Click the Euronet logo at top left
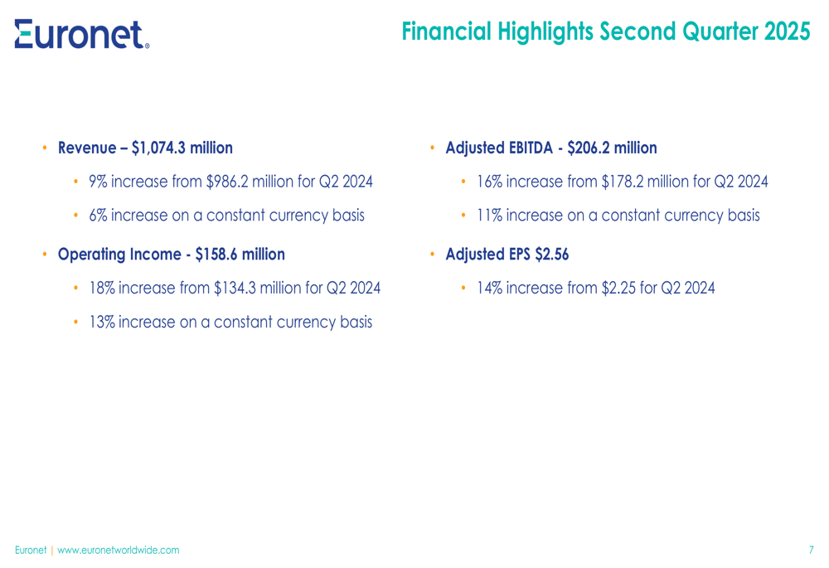click(82, 34)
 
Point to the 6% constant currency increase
click(98, 216)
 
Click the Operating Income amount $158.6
click(216, 255)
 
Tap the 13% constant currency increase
click(102, 322)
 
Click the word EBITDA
click(531, 148)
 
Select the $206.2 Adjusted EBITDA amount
click(589, 148)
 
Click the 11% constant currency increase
click(490, 216)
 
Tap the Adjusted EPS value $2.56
click(552, 255)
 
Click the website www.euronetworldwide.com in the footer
click(119, 550)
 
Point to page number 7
click(811, 550)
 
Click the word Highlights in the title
click(545, 32)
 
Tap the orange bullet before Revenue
click(45, 148)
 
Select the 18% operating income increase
click(102, 289)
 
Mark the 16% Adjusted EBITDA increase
click(490, 182)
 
